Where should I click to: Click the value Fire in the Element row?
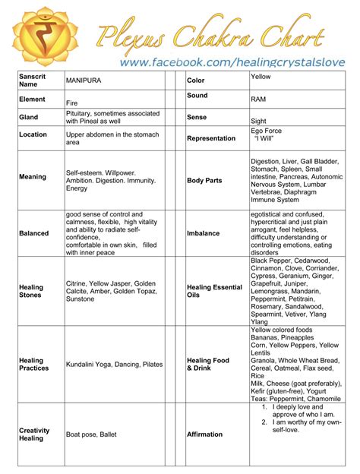pyautogui.click(x=73, y=103)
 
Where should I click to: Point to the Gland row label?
pyautogui.click(x=28, y=118)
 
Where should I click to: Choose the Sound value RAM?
pyautogui.click(x=257, y=100)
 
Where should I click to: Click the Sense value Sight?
pyautogui.click(x=258, y=121)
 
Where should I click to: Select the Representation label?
pyautogui.click(x=211, y=139)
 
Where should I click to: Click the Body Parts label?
pyautogui.click(x=204, y=181)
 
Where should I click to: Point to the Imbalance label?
pyautogui.click(x=203, y=233)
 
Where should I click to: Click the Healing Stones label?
pyautogui.click(x=31, y=292)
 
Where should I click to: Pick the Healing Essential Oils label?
pyautogui.click(x=214, y=292)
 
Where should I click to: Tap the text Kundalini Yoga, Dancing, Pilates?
pyautogui.click(x=114, y=365)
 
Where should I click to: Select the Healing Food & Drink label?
pyautogui.click(x=207, y=365)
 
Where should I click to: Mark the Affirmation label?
pyautogui.click(x=204, y=434)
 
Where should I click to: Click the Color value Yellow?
pyautogui.click(x=261, y=77)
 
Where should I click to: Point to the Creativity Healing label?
pyautogui.click(x=33, y=434)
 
